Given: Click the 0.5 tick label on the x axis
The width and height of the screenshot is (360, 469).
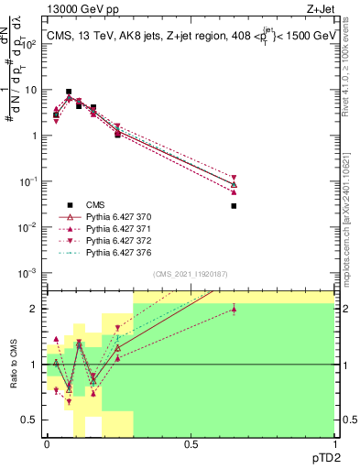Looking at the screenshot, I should coord(191,444).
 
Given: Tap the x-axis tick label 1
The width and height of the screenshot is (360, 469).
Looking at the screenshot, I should coord(334,444).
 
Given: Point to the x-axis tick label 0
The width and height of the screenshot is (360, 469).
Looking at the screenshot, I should coord(47,444).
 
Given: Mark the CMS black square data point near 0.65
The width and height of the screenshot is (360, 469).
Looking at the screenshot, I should coord(234,206).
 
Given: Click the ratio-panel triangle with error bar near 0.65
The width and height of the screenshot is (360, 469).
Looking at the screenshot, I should coord(234,310).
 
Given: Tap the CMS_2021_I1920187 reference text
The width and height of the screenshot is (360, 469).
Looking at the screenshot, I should coord(190,274).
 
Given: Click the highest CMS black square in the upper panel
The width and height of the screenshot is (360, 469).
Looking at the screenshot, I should coord(69,93).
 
